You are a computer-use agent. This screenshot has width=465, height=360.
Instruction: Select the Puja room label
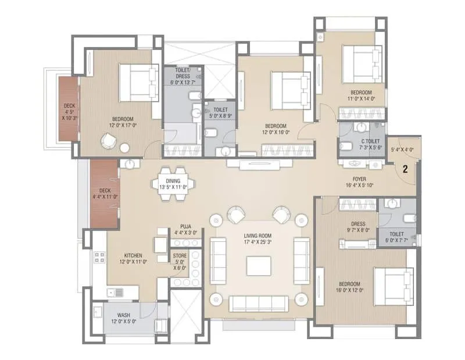(185, 227)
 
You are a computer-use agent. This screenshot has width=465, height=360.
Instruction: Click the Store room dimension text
(180, 265)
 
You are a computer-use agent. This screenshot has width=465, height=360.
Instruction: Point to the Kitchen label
(133, 255)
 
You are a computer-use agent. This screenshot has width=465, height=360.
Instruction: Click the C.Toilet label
(370, 141)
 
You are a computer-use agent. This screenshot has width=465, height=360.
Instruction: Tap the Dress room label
(357, 223)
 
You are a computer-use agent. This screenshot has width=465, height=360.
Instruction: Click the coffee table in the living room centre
(257, 266)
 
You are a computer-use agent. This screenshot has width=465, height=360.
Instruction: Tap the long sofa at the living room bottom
(257, 303)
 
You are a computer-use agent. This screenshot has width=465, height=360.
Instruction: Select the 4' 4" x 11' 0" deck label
(105, 193)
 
